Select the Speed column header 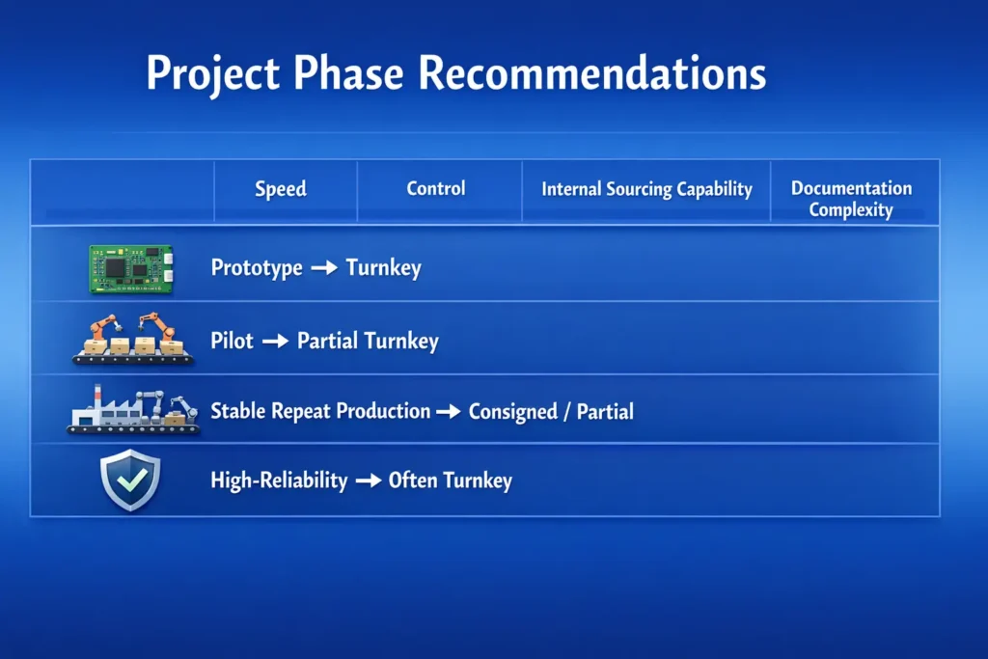(281, 189)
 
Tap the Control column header (436, 188)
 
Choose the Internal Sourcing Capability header (646, 189)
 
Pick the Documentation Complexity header (851, 198)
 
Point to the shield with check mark (130, 480)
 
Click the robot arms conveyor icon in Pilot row (133, 340)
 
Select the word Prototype (257, 268)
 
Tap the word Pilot (232, 341)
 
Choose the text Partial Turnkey (368, 341)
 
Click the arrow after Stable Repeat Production (449, 412)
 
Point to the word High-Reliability (279, 481)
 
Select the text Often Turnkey (450, 481)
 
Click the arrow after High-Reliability (368, 481)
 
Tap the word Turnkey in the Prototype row (384, 268)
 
